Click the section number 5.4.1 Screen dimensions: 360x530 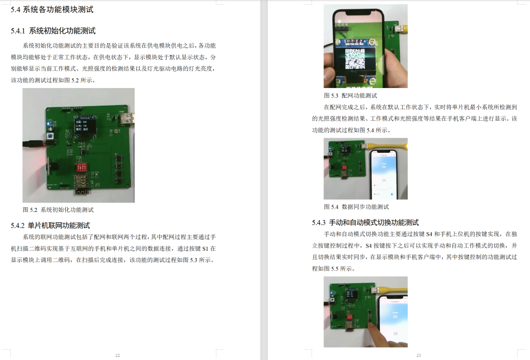pos(19,31)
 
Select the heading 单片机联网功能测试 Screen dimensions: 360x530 pos(59,225)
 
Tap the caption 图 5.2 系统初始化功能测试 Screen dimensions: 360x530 pos(58,210)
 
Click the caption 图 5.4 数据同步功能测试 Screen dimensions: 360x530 pos(356,207)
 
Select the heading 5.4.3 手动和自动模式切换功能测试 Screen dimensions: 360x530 pos(365,223)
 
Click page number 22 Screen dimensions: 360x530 pos(117,355)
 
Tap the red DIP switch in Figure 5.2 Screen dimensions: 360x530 pos(81,169)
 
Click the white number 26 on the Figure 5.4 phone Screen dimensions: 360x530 pos(384,167)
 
